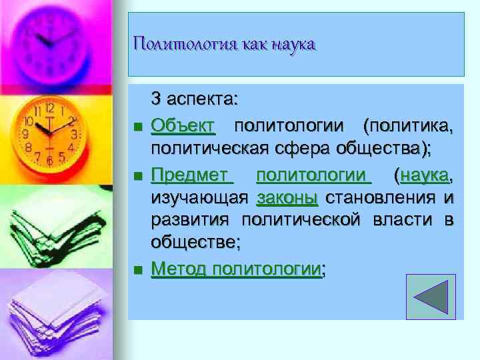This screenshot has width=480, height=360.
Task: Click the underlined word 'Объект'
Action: (x=183, y=124)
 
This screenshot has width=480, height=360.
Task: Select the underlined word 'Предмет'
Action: (x=191, y=175)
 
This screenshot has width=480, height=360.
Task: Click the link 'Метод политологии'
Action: (x=235, y=269)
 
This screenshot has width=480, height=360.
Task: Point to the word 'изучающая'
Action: (x=199, y=198)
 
